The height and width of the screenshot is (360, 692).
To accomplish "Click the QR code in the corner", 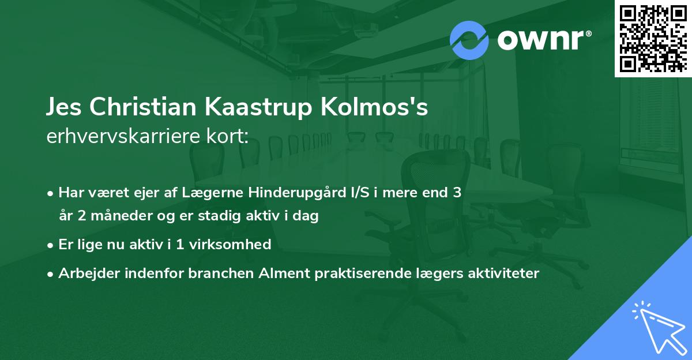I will click(x=652, y=37).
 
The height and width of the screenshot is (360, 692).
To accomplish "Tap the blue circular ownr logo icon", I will click(x=469, y=40).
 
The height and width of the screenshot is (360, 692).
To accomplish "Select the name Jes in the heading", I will click(x=63, y=108).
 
